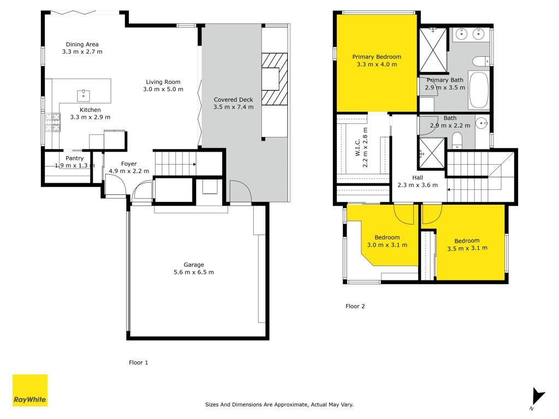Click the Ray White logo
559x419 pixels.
(x=30, y=390)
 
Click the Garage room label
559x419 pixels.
(x=194, y=268)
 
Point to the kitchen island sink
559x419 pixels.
(x=84, y=95)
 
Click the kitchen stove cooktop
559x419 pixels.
(x=53, y=122)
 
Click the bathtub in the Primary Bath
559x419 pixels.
(x=478, y=90)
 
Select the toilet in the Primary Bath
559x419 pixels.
(x=481, y=61)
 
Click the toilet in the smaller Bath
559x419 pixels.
(x=457, y=140)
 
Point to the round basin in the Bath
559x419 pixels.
(x=481, y=124)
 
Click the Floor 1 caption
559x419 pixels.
(x=138, y=362)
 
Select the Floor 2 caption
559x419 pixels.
(x=355, y=306)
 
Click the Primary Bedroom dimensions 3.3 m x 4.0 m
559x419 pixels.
(x=377, y=64)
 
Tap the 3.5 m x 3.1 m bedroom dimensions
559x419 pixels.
(x=467, y=248)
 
